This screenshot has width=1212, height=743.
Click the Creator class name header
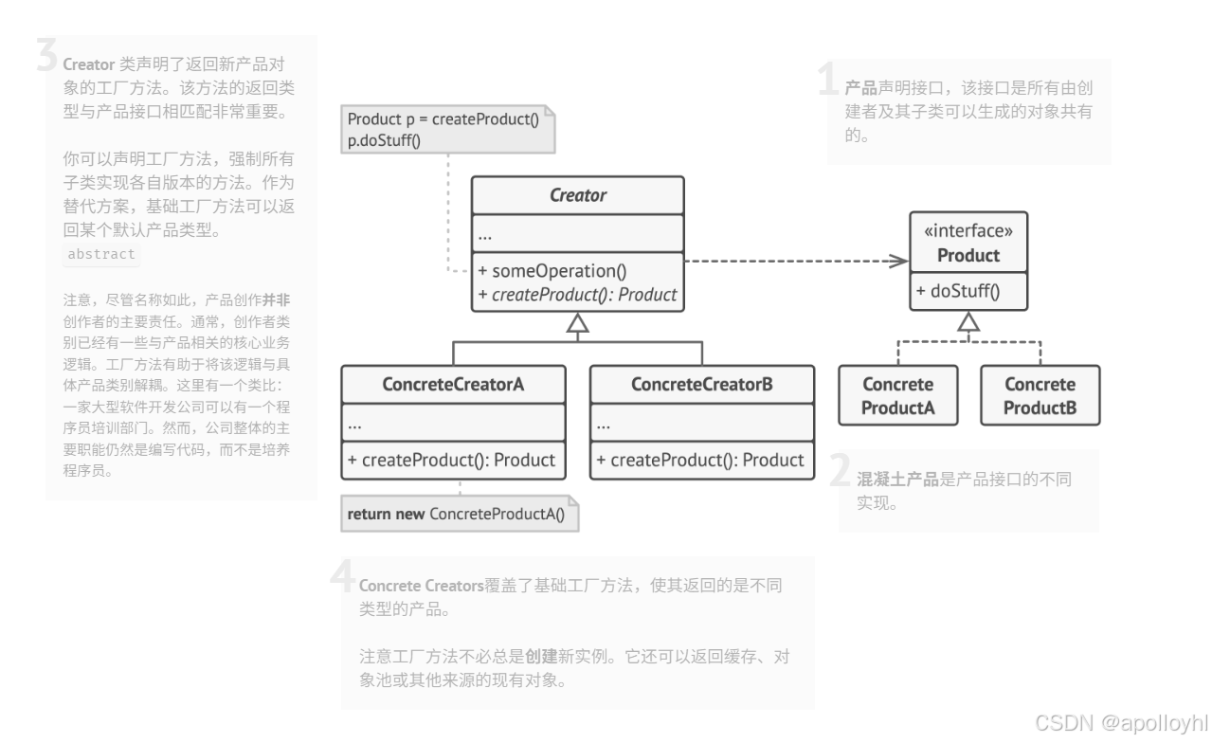tap(577, 196)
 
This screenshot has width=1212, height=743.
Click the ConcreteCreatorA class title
tap(453, 385)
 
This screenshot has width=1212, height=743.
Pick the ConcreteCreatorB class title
tap(702, 385)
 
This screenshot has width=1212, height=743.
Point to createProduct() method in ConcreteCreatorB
tap(701, 461)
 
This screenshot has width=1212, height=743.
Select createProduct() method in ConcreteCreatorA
tap(453, 461)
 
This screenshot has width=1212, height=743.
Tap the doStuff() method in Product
tap(958, 292)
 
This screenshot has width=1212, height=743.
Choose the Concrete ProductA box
tap(897, 396)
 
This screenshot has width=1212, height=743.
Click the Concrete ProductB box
tap(1040, 396)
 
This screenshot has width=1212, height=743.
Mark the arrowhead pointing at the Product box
tap(899, 261)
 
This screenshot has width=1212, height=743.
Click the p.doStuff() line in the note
tap(384, 140)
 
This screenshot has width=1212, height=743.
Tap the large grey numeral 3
tap(46, 57)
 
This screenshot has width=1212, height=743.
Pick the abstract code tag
tap(101, 254)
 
